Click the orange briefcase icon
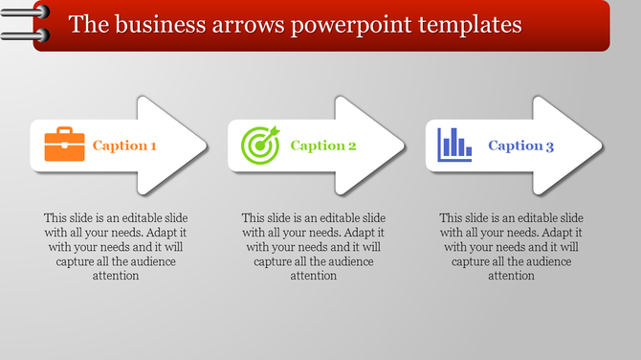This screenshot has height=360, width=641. tap(65, 145)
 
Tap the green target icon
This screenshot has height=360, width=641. tap(260, 145)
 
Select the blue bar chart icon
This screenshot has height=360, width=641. tap(455, 145)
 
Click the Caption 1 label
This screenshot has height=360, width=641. tap(124, 146)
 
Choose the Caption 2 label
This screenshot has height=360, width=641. tap(323, 146)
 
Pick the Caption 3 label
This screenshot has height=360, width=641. tap(521, 146)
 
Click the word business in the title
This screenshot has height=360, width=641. tap(159, 23)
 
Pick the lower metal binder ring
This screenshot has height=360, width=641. tap(19, 37)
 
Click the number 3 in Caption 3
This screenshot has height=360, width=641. tap(550, 146)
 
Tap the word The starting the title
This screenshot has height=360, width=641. tap(87, 23)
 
